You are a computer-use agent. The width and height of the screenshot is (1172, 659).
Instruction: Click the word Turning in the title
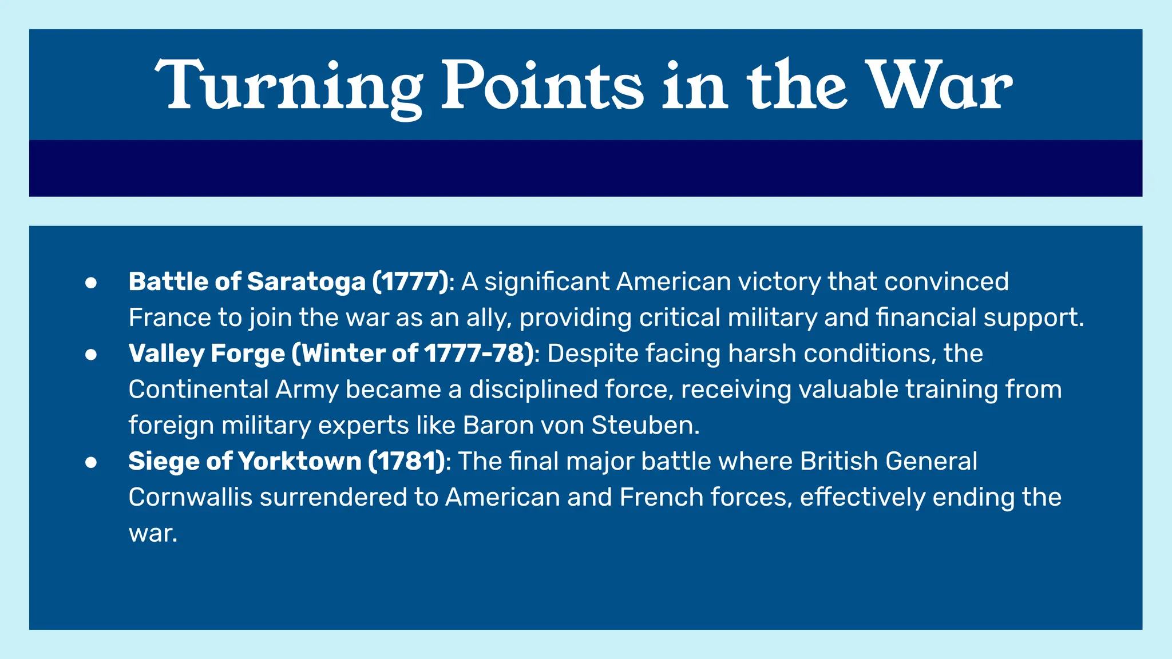(289, 86)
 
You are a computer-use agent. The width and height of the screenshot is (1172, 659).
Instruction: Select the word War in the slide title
(939, 86)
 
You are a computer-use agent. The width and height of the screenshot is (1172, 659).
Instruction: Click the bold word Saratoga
(306, 281)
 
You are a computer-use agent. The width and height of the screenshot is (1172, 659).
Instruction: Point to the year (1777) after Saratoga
(410, 281)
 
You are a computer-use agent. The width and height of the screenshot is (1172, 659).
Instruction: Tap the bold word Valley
(166, 354)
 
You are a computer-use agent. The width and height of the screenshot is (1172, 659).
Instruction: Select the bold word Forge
(247, 354)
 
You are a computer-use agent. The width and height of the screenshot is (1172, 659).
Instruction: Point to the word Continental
(198, 390)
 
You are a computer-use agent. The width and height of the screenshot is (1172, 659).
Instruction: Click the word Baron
(496, 426)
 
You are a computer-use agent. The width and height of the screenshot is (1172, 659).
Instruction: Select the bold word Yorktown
(299, 461)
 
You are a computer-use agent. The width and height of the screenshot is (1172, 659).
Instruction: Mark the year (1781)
(407, 461)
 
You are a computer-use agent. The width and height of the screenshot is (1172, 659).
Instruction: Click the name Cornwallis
(191, 497)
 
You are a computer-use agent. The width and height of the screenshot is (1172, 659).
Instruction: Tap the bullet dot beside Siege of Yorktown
(91, 462)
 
